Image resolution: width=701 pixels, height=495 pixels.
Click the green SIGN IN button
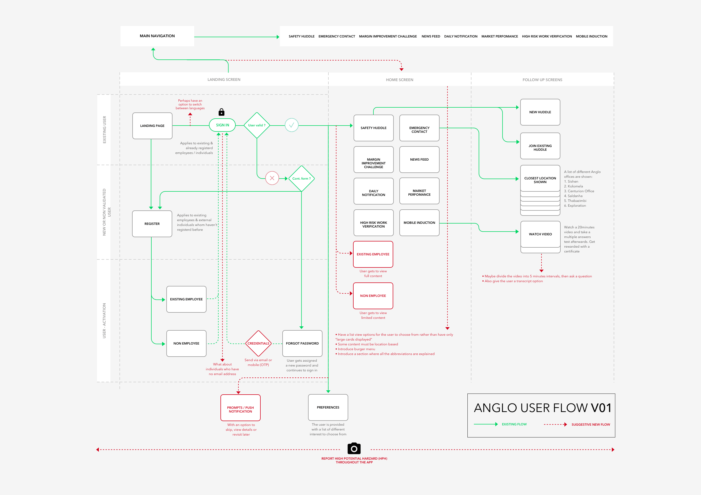(x=222, y=125)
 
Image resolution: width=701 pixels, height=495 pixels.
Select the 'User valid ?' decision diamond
(x=257, y=125)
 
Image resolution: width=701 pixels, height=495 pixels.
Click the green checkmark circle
(x=292, y=125)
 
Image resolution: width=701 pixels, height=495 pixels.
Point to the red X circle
(x=272, y=178)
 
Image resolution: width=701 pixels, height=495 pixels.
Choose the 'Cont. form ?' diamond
(x=301, y=179)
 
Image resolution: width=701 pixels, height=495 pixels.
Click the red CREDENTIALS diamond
(x=258, y=343)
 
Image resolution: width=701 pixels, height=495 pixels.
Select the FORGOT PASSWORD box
(x=302, y=343)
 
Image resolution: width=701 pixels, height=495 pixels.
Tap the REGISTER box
(x=152, y=224)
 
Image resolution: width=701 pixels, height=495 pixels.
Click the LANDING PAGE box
(x=152, y=126)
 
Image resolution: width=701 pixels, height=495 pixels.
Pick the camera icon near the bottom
(x=354, y=448)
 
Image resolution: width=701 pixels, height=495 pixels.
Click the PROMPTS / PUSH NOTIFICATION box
(x=241, y=408)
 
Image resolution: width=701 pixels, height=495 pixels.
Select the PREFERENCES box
(x=328, y=407)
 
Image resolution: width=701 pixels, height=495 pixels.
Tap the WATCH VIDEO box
(x=540, y=234)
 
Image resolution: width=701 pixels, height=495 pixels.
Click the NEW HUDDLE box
(x=540, y=112)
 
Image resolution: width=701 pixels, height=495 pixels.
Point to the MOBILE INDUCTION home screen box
(x=419, y=223)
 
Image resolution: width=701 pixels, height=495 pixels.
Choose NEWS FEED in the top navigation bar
(x=431, y=36)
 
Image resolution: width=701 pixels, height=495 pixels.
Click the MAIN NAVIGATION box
(x=157, y=36)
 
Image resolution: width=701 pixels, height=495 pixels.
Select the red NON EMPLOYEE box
(x=373, y=296)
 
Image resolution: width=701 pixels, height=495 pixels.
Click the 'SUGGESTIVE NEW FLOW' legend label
(x=591, y=425)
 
